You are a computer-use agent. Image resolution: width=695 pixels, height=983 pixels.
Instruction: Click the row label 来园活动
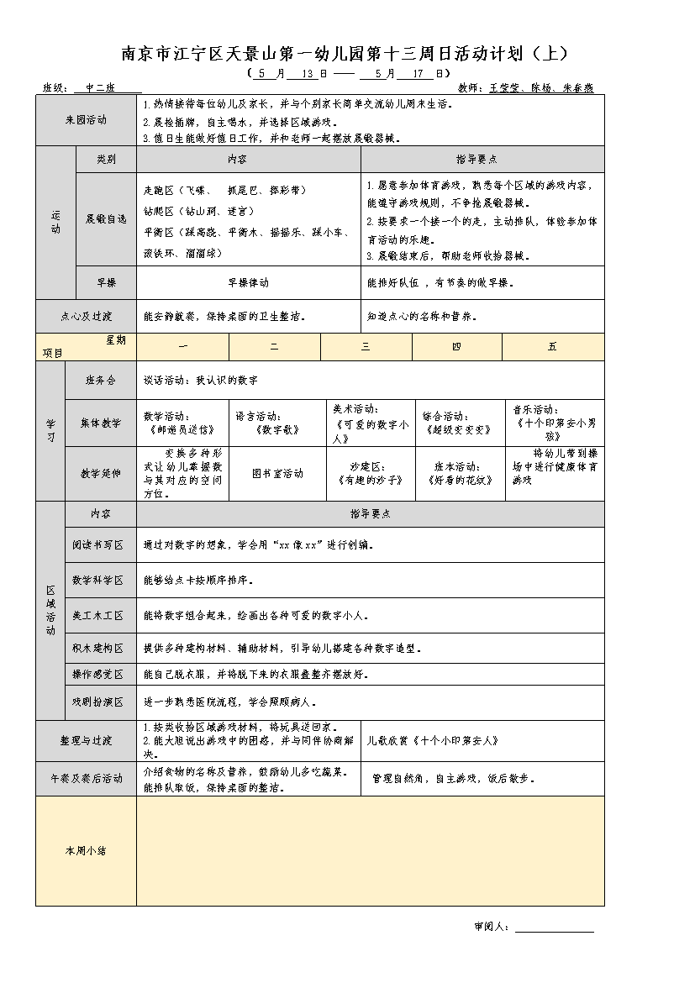point(86,120)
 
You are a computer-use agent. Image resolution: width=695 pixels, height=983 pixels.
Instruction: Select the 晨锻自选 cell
point(106,218)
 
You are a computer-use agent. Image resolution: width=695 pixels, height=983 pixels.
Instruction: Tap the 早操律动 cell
point(249,283)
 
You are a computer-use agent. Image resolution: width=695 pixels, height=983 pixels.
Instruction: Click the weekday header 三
point(366,347)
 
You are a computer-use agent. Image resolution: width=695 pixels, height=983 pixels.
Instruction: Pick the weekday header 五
point(552,347)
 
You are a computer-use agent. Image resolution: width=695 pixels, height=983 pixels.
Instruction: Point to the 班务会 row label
point(101,380)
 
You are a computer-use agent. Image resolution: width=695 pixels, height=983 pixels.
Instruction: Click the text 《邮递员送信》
point(174,428)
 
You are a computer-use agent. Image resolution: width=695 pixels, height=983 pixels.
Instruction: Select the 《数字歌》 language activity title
point(276,428)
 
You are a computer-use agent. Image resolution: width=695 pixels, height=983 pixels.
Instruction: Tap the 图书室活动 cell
point(277,474)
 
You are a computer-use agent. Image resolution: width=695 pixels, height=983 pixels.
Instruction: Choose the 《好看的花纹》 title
point(457,481)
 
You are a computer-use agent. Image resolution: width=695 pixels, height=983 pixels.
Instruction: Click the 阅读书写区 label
point(98,544)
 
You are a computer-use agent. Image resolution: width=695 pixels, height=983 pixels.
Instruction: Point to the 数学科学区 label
point(98,580)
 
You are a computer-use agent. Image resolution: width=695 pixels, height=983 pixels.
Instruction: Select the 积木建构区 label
point(98,649)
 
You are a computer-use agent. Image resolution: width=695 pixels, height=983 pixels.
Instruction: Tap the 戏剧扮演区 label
point(98,702)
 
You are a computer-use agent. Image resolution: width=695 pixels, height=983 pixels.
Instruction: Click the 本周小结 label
point(86,851)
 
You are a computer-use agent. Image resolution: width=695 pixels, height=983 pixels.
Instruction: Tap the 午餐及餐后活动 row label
point(86,779)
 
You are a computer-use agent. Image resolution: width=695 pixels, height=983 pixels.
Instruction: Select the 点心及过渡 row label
point(86,317)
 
